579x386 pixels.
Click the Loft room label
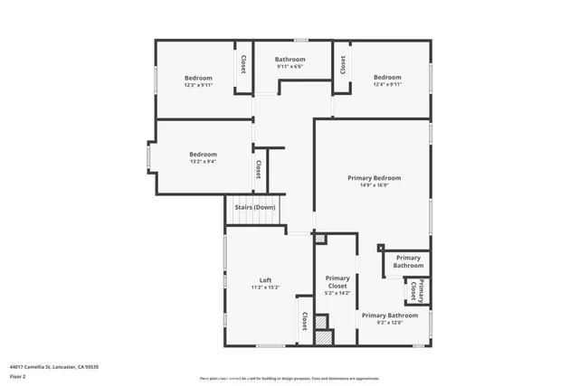click(266, 280)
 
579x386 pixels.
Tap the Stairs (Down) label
click(254, 208)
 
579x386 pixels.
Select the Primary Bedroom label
click(374, 178)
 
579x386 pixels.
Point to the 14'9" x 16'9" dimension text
click(374, 186)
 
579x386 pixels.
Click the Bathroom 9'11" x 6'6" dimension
click(289, 67)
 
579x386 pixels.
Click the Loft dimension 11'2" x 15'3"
click(266, 288)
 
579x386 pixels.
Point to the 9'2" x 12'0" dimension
click(390, 323)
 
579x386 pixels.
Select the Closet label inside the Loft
click(305, 321)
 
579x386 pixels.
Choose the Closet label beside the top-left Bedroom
click(243, 64)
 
